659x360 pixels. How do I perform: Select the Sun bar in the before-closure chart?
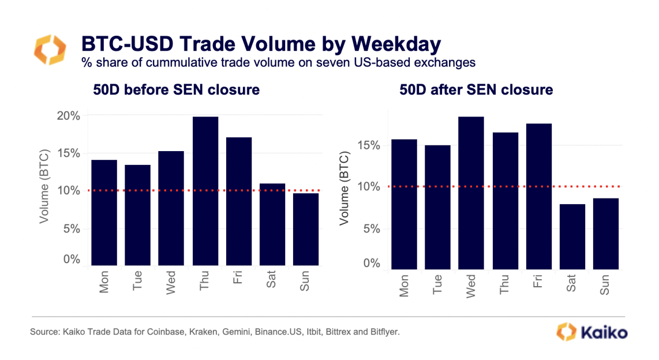(305, 230)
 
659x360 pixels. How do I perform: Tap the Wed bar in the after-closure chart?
(471, 193)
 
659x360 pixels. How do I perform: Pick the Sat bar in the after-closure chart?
(571, 237)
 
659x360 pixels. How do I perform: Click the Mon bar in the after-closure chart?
(404, 204)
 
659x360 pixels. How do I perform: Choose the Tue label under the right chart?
(438, 286)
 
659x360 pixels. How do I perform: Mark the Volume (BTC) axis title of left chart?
(44, 187)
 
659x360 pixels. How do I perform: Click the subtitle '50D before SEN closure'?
(176, 90)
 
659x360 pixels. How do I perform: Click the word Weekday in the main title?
(396, 44)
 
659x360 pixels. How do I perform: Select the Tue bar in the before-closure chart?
(137, 215)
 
